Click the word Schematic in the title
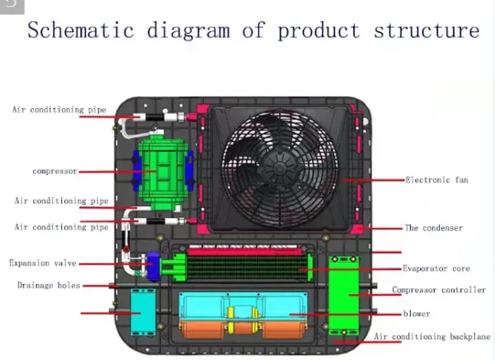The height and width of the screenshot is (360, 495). point(81,30)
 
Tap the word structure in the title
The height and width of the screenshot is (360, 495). point(427,31)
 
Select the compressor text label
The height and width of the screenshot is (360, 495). point(55,171)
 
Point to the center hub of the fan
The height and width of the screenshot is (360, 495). point(280,167)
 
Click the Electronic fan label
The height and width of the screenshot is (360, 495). point(436,180)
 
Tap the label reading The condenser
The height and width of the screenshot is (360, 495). point(434,228)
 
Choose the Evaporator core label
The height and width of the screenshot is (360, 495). point(436,268)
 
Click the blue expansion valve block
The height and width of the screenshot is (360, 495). point(153,266)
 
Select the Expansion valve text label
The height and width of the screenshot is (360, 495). point(43,263)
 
